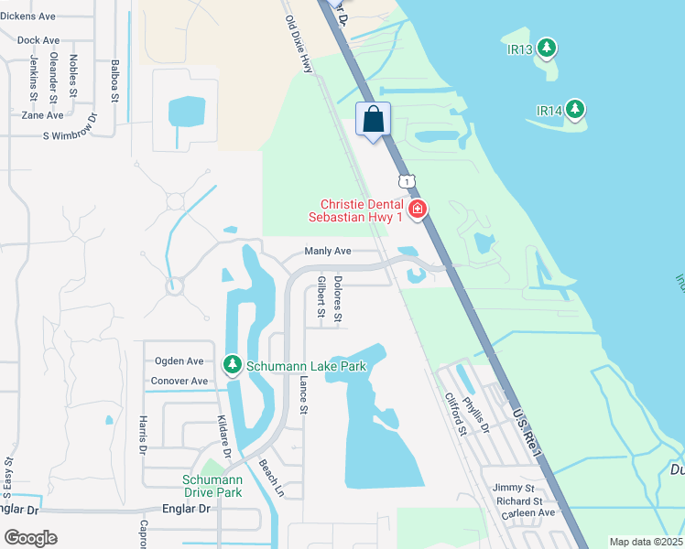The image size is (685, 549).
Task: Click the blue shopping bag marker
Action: [373, 119]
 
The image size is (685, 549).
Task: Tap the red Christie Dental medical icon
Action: [418, 210]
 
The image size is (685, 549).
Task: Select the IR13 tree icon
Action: [547, 47]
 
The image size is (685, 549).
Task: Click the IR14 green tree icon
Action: [575, 110]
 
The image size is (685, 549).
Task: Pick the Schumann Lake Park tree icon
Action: [233, 366]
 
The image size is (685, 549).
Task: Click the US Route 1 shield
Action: [404, 179]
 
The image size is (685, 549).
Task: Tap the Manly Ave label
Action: [327, 252]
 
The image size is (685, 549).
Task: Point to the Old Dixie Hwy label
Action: [299, 43]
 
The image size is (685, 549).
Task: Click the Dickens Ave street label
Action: [27, 16]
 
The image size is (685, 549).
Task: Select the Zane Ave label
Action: [42, 115]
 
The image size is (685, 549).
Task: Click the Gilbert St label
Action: [321, 297]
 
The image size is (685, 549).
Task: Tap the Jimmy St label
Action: [513, 489]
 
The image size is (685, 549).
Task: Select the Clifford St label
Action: [456, 414]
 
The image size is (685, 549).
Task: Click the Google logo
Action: [30, 538]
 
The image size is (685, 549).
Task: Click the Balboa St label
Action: [115, 81]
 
